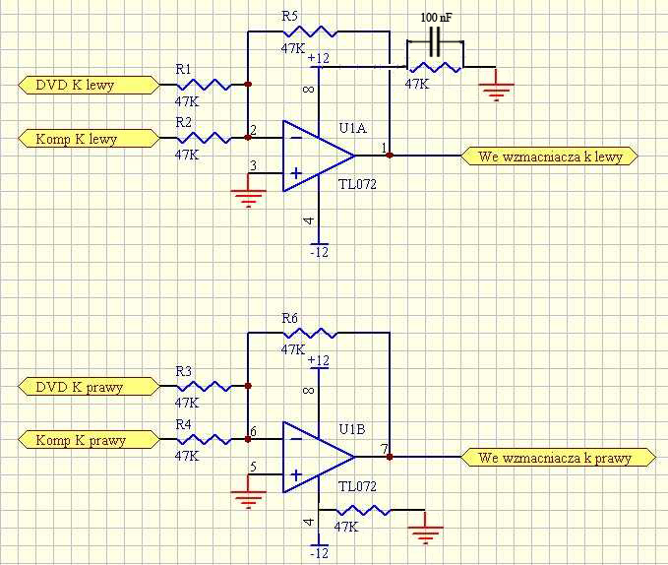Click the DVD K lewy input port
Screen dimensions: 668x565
[89, 86]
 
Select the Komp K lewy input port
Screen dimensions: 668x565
[89, 139]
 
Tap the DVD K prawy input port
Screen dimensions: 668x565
[89, 387]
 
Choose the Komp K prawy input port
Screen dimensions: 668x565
[89, 440]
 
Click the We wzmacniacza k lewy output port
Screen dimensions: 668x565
[550, 157]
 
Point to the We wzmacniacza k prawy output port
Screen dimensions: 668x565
[559, 458]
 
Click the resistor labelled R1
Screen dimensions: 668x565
[205, 85]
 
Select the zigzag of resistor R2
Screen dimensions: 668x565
[205, 138]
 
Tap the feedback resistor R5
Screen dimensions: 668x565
[310, 31]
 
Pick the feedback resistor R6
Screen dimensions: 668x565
[310, 333]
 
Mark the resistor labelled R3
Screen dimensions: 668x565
[205, 387]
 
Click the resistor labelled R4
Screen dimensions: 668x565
[205, 439]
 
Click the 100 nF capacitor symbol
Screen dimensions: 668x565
[435, 41]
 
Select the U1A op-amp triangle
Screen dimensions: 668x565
[319, 156]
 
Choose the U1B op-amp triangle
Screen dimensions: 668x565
[319, 457]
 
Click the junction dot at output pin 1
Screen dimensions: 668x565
[390, 156]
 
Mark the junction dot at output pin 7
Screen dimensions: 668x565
[390, 457]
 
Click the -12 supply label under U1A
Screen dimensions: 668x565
[320, 252]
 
